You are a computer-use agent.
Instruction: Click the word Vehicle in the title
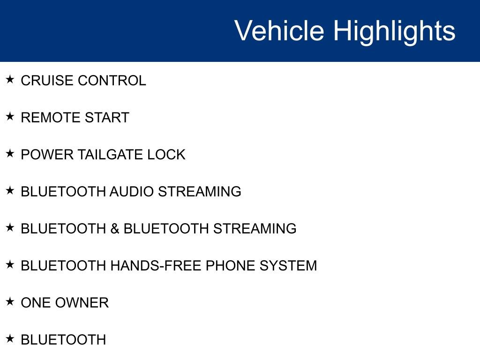(x=279, y=30)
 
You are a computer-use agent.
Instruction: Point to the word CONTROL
(x=112, y=81)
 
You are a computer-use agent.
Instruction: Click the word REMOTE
(x=50, y=118)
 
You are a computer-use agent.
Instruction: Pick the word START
(x=107, y=118)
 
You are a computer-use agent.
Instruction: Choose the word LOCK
(x=166, y=155)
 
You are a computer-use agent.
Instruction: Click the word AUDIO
(x=132, y=192)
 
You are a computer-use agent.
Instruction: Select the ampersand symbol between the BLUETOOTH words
(x=115, y=229)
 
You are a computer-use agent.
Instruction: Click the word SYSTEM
(x=288, y=266)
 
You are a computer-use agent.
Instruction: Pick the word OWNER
(x=82, y=303)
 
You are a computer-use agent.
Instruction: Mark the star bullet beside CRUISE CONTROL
(x=10, y=79)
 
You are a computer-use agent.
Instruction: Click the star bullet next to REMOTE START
(x=10, y=116)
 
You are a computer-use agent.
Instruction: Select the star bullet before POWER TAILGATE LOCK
(x=10, y=153)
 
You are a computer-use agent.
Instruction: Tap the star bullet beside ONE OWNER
(x=10, y=301)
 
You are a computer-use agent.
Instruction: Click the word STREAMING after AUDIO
(x=200, y=192)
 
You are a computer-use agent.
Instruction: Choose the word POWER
(x=47, y=155)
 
